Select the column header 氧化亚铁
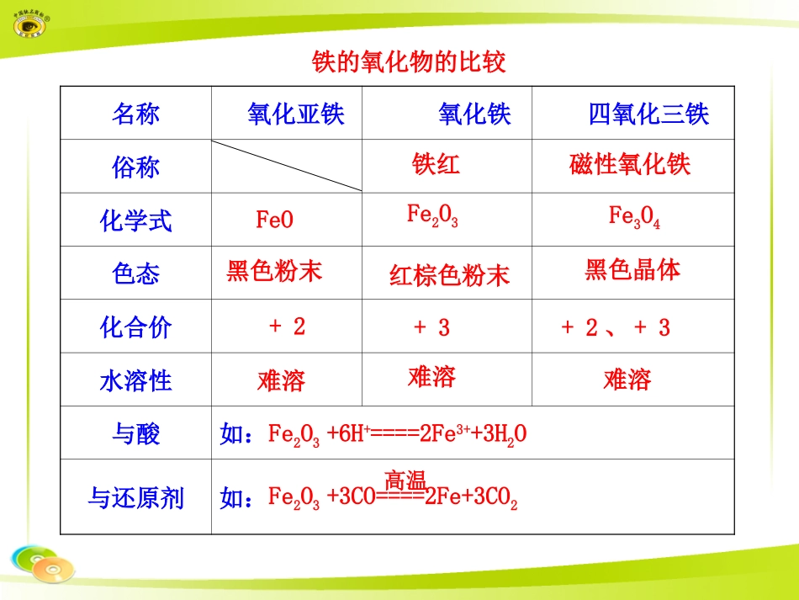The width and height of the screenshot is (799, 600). point(296,114)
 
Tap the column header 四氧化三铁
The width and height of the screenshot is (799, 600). point(648,114)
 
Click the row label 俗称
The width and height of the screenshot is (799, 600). point(135,167)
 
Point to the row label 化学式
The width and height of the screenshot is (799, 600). point(135,221)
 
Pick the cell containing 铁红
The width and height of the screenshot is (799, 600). point(436,163)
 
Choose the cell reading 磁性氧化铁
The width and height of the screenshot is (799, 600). point(630,164)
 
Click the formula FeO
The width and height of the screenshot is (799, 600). point(275,220)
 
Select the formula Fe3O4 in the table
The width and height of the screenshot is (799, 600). point(634,217)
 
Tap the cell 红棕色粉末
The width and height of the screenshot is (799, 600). point(449,275)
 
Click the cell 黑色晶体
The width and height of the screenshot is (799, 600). point(632,269)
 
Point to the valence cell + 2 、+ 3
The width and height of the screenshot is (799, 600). point(615,328)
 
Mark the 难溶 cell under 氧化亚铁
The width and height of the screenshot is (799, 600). point(281,381)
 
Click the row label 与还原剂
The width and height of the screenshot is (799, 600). point(135,498)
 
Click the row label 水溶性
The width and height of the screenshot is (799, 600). point(135,381)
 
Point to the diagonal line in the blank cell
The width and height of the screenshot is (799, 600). point(287,166)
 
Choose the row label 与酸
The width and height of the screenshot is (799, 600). point(135,434)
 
